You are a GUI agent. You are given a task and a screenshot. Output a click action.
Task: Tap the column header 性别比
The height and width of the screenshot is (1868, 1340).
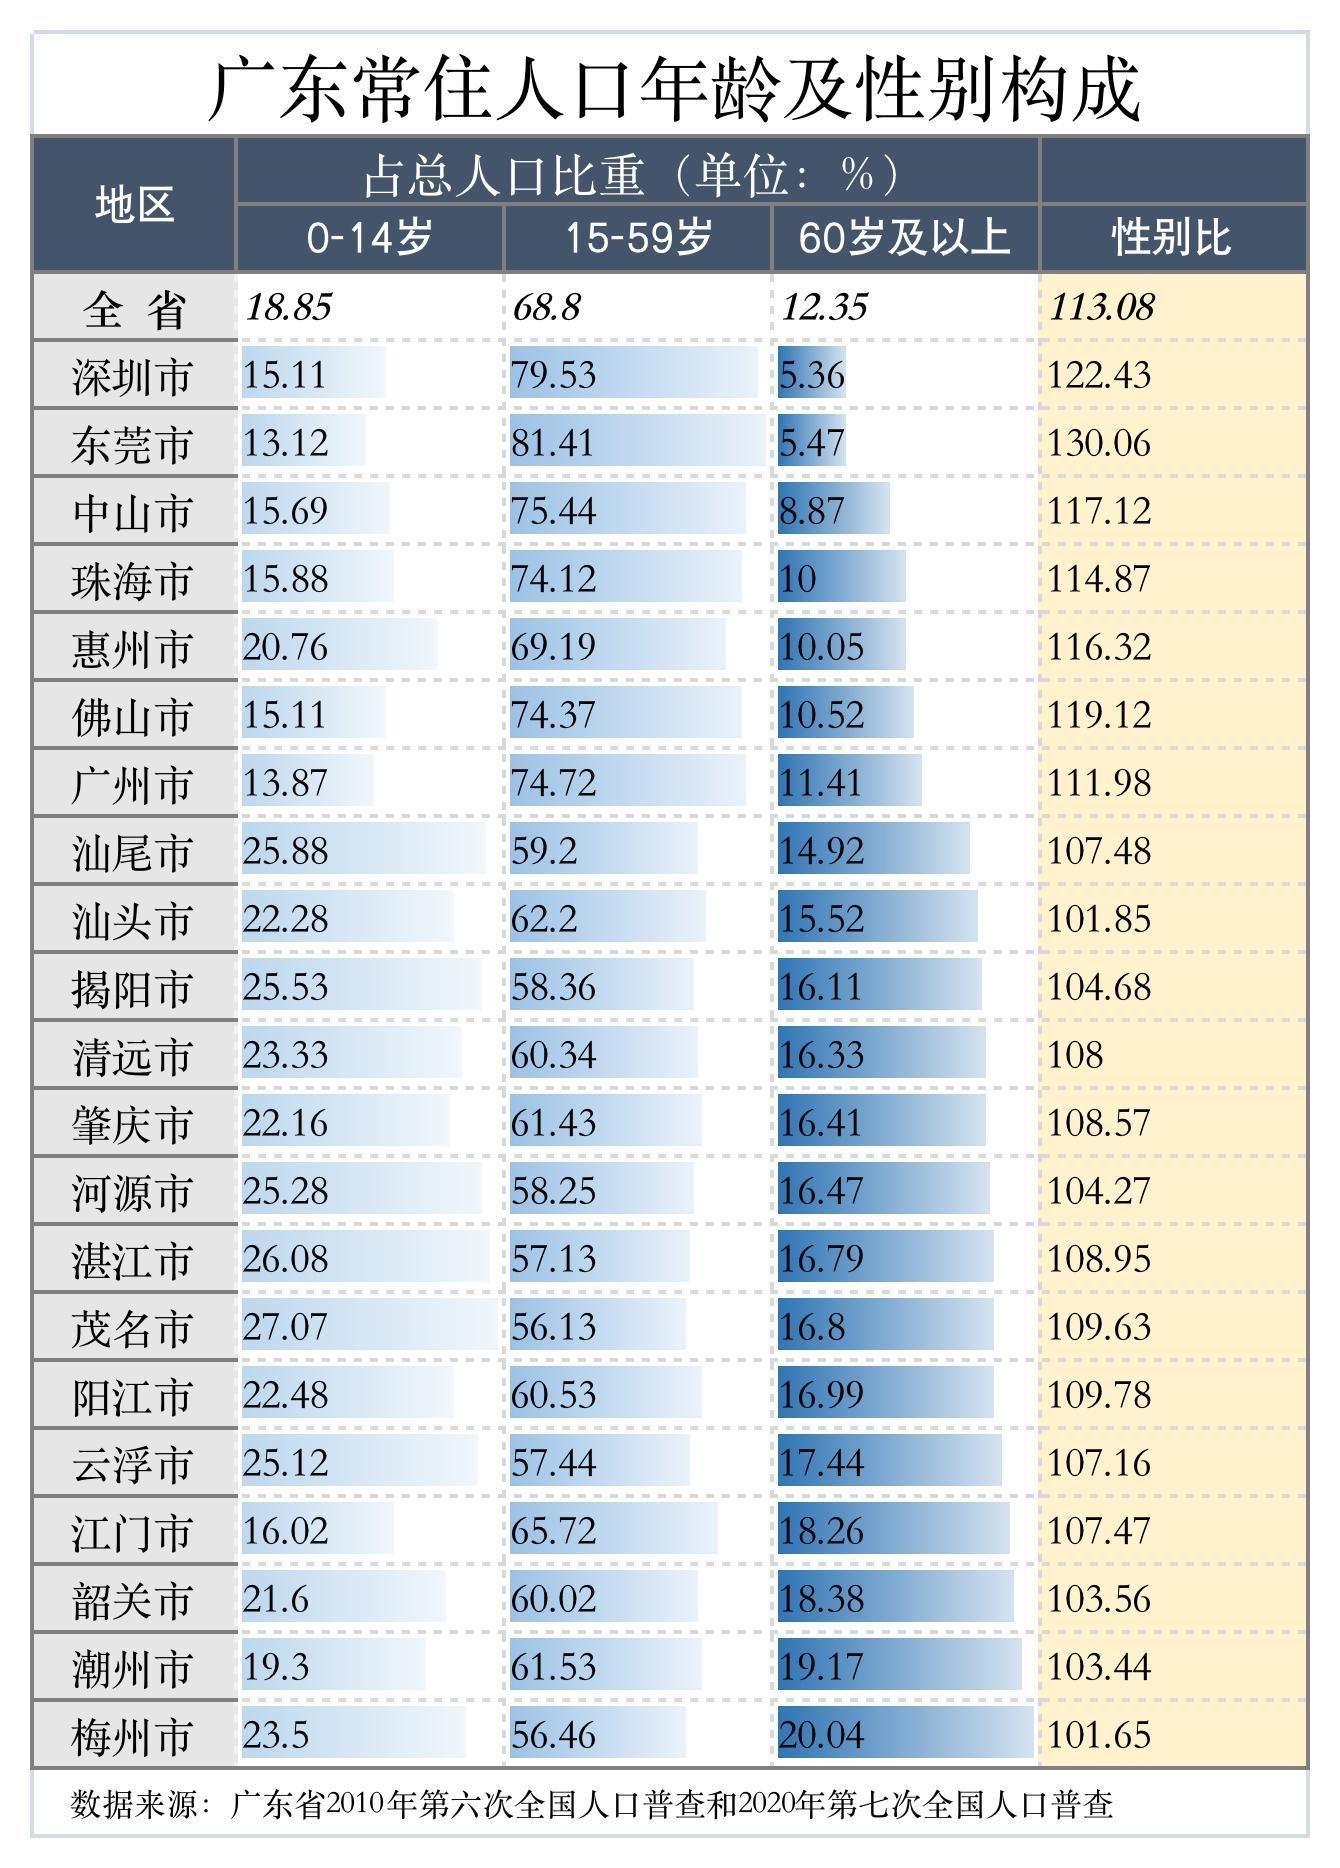pyautogui.click(x=1171, y=238)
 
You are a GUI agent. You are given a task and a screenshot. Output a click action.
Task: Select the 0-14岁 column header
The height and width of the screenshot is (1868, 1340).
pyautogui.click(x=369, y=238)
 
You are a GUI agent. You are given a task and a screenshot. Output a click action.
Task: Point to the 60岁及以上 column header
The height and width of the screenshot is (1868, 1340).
pyautogui.click(x=904, y=238)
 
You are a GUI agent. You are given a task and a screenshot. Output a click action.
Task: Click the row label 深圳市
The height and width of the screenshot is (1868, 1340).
pyautogui.click(x=132, y=377)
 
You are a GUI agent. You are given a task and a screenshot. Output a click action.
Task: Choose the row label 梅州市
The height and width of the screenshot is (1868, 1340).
pyautogui.click(x=132, y=1737)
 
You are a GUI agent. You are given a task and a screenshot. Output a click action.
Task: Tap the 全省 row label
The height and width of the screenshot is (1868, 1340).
pyautogui.click(x=134, y=309)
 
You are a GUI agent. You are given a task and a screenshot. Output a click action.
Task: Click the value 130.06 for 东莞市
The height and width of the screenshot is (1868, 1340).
pyautogui.click(x=1099, y=443)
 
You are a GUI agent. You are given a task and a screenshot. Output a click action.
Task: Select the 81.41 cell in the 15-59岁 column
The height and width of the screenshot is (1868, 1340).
pyautogui.click(x=553, y=443)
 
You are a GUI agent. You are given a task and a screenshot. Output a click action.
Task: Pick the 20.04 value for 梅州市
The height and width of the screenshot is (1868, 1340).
pyautogui.click(x=821, y=1735)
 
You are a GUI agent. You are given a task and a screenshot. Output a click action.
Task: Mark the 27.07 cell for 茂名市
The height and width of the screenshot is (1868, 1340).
pyautogui.click(x=285, y=1327)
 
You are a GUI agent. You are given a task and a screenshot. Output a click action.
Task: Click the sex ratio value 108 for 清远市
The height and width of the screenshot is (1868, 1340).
pyautogui.click(x=1075, y=1055)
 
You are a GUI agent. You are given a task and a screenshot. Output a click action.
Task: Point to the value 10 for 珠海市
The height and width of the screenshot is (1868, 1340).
pyautogui.click(x=798, y=579)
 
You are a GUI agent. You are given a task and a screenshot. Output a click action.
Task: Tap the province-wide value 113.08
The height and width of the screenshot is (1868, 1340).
pyautogui.click(x=1101, y=307)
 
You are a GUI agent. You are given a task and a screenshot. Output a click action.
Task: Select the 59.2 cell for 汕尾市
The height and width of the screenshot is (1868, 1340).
pyautogui.click(x=544, y=851)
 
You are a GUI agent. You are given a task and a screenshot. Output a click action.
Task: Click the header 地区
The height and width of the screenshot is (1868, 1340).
pyautogui.click(x=134, y=204)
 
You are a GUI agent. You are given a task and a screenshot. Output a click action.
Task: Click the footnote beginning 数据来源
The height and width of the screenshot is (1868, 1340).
pyautogui.click(x=590, y=1804)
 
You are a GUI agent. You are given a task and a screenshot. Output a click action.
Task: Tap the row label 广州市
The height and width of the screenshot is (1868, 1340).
pyautogui.click(x=132, y=785)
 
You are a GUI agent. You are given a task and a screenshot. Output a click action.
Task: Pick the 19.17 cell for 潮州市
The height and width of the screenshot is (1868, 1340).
pyautogui.click(x=821, y=1667)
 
